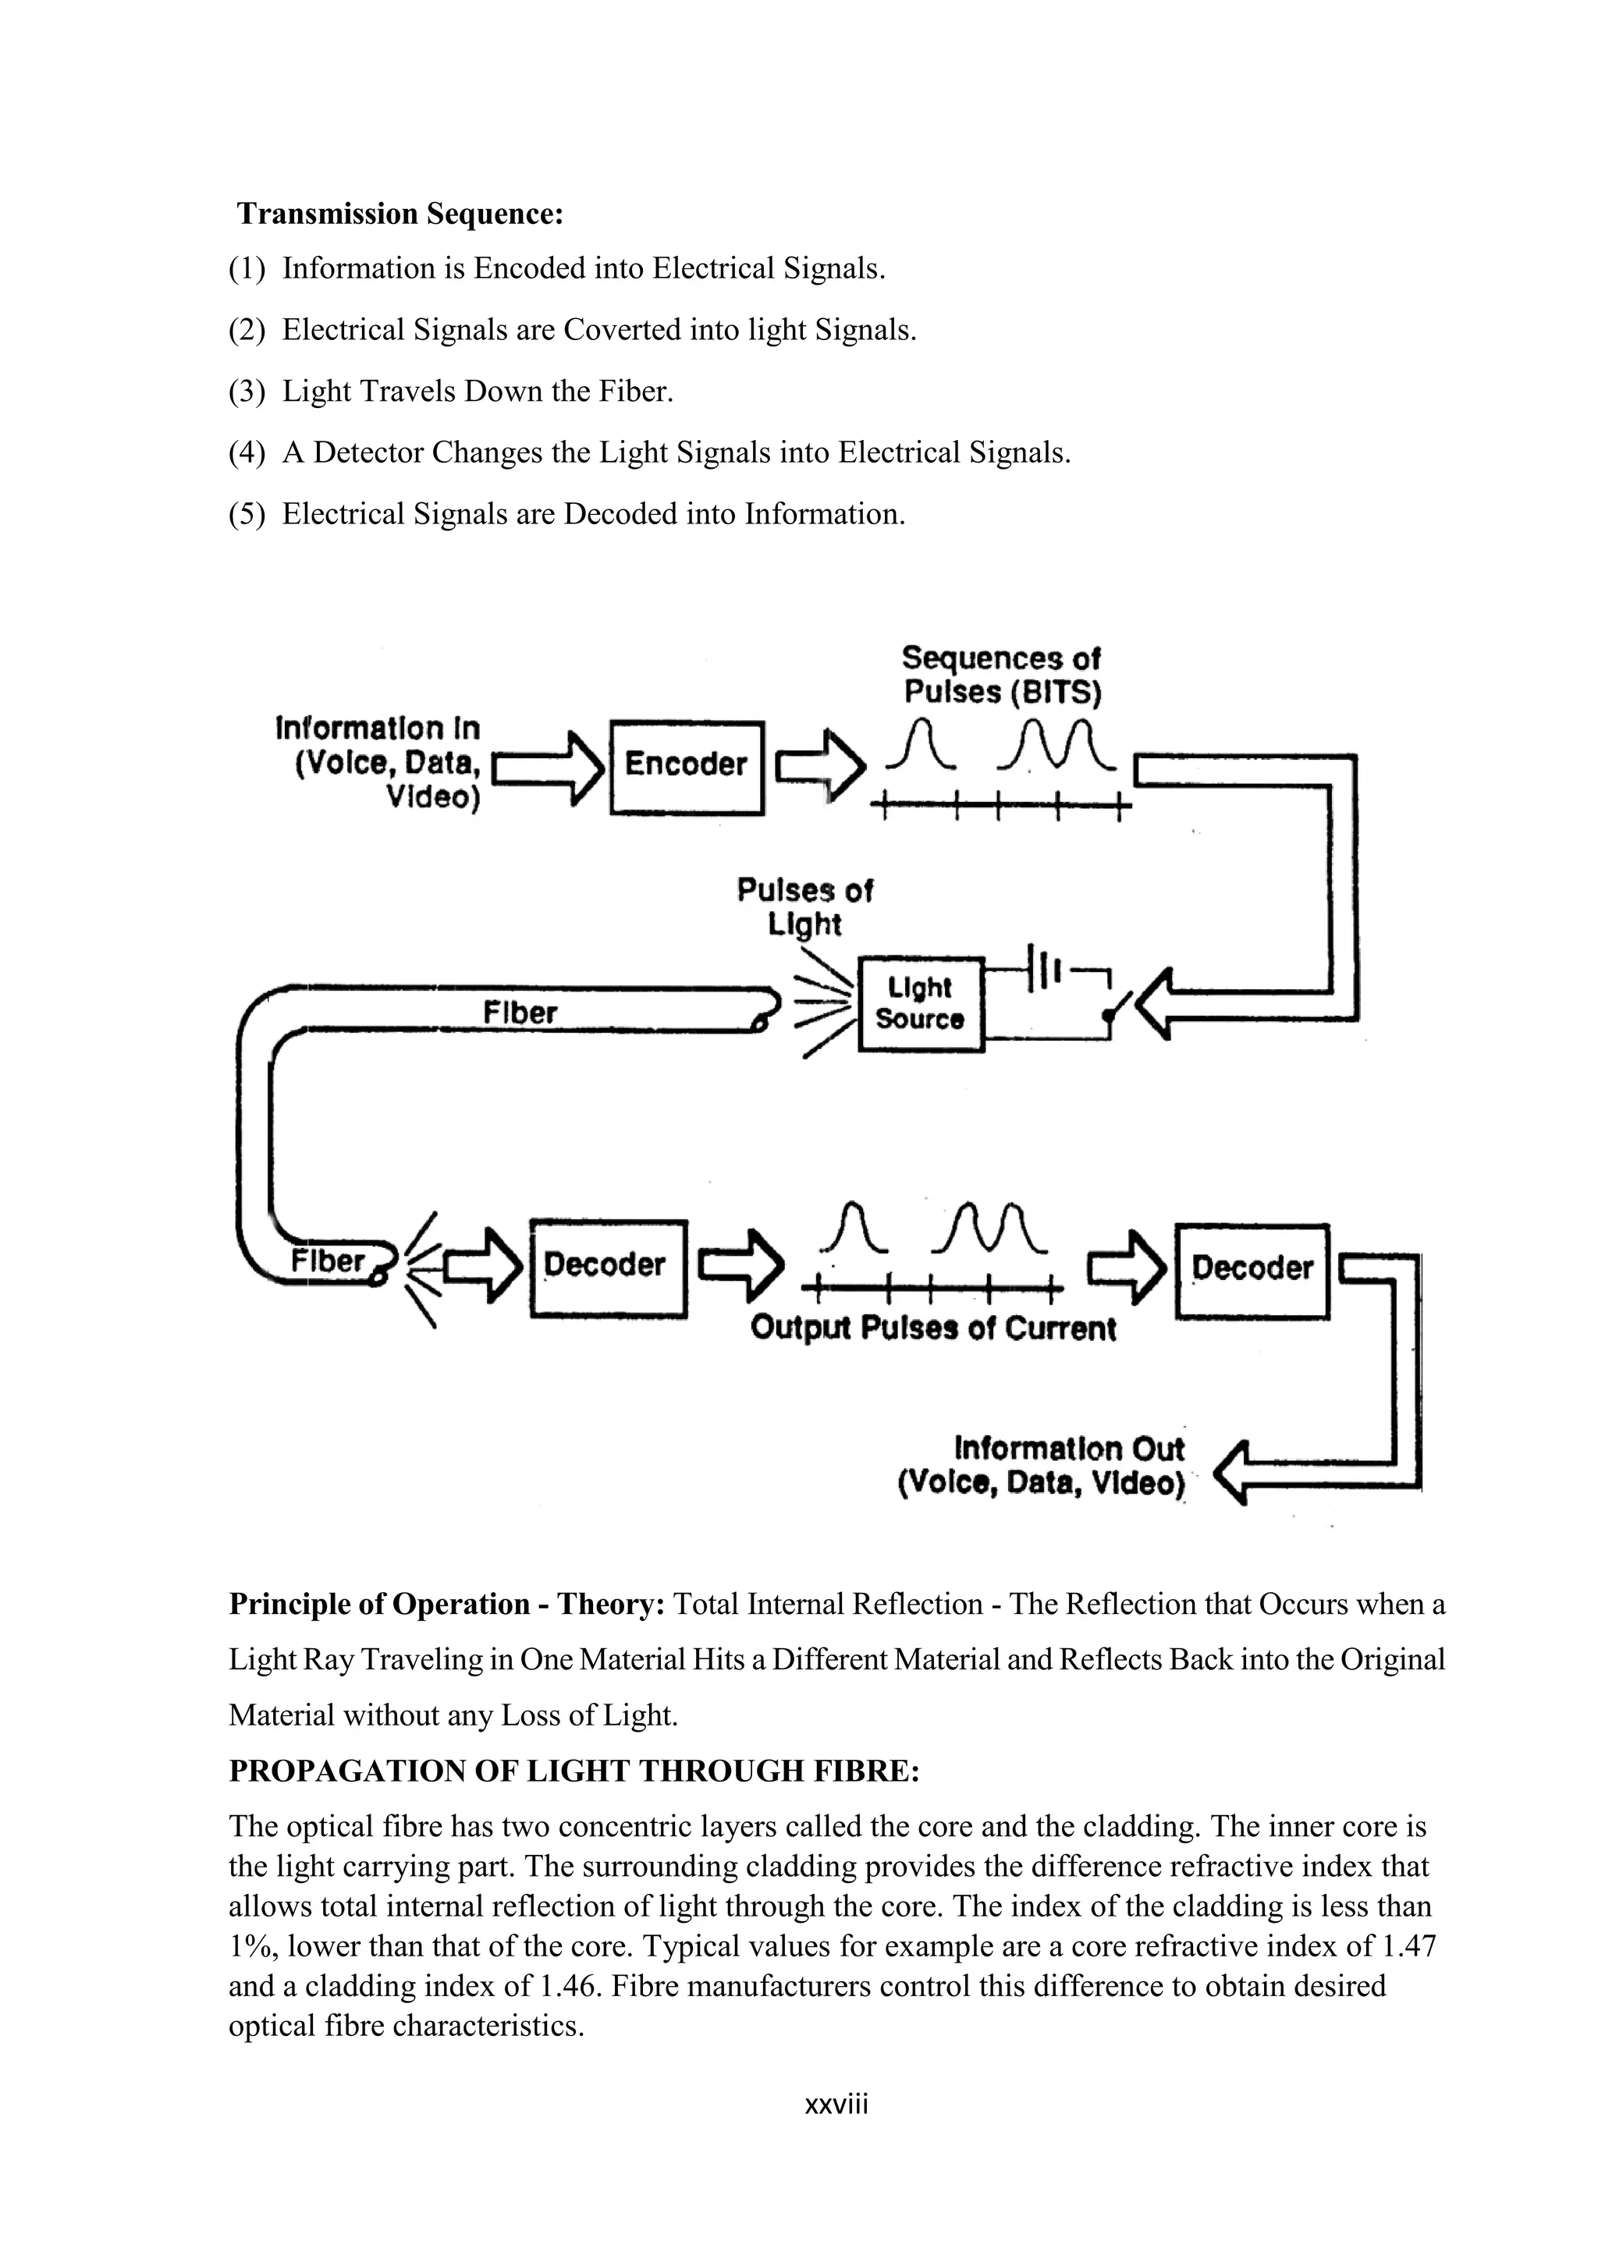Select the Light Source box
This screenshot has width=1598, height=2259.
(x=920, y=1004)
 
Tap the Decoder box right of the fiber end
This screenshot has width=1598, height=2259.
(x=607, y=1268)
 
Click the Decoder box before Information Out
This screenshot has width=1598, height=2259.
(x=1252, y=1270)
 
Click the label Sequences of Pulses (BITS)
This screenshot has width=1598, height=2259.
(x=1002, y=675)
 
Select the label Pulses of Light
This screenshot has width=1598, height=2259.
(x=804, y=906)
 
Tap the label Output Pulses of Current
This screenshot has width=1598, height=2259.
(x=933, y=1328)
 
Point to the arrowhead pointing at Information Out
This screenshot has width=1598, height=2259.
(x=1232, y=1473)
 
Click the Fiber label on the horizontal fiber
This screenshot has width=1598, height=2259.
(x=520, y=1012)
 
